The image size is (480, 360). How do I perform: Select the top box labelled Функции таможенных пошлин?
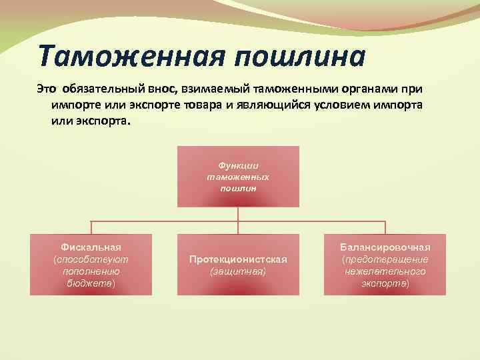(238, 177)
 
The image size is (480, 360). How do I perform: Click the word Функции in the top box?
(238, 165)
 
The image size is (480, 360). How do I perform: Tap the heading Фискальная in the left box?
(91, 247)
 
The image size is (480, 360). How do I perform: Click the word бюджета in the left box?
(91, 283)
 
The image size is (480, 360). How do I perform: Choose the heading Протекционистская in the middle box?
(238, 259)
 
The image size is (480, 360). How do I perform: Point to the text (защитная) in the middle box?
(238, 272)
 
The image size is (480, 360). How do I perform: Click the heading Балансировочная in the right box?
(385, 247)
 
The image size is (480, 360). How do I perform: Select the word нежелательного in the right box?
(385, 271)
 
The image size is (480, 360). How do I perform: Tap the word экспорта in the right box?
(385, 283)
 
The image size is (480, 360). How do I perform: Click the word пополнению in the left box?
(91, 271)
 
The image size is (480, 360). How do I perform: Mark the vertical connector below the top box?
(238, 214)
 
